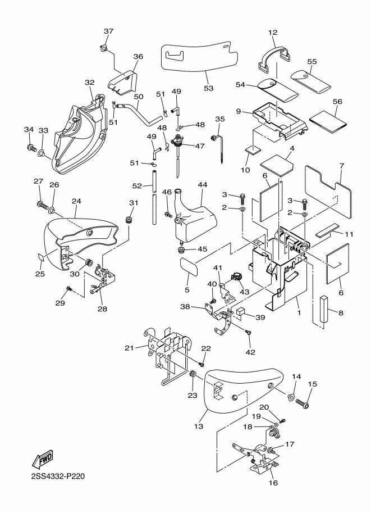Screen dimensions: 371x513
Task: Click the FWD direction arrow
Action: (x=42, y=458)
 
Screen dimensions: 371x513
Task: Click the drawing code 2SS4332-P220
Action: (x=58, y=476)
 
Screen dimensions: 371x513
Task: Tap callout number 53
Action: (x=208, y=88)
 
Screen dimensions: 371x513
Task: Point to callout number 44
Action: (x=203, y=185)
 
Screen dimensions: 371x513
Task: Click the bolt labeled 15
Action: (x=303, y=403)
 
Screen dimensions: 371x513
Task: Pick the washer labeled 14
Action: (x=290, y=397)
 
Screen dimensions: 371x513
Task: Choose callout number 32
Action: (x=90, y=83)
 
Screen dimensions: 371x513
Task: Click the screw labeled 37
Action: (x=102, y=48)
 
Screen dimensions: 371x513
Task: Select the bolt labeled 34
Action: (x=31, y=148)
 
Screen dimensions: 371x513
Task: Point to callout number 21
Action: (x=129, y=348)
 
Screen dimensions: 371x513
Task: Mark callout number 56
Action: (x=337, y=102)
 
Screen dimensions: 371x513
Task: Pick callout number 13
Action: (x=199, y=426)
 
